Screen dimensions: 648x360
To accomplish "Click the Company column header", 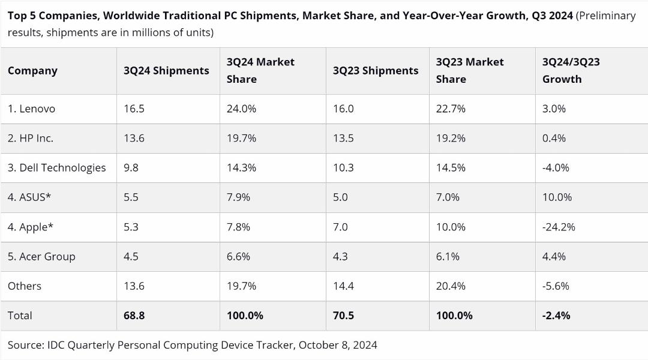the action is click(32, 71).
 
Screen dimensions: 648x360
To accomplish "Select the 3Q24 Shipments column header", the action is click(166, 71).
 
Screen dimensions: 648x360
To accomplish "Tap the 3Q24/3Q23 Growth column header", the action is click(571, 70).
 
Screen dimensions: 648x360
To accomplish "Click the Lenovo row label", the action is click(31, 109).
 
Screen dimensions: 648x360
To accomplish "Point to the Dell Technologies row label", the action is click(56, 168).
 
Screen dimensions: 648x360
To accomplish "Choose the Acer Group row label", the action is click(41, 257).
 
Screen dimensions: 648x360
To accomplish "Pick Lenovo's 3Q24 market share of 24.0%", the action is click(241, 109).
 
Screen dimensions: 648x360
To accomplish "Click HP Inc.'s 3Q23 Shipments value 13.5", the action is click(343, 138).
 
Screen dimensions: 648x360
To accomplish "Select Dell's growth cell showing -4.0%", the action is click(556, 168).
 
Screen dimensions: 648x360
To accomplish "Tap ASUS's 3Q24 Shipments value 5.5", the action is click(131, 197).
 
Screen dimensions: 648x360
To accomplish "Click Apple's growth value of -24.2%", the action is click(559, 227).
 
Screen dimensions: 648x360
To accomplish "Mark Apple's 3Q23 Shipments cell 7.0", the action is click(341, 227).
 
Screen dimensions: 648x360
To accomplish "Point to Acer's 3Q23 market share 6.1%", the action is click(448, 257).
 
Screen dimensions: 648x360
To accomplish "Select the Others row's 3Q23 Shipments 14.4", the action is click(343, 286).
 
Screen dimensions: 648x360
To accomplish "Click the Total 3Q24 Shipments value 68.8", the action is click(134, 316).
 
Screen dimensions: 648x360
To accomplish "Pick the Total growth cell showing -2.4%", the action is click(556, 316).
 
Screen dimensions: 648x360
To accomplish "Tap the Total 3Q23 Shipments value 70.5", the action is click(343, 316).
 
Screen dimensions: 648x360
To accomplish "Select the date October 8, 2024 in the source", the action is click(338, 345).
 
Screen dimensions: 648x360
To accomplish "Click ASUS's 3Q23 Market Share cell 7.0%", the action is click(448, 197).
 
